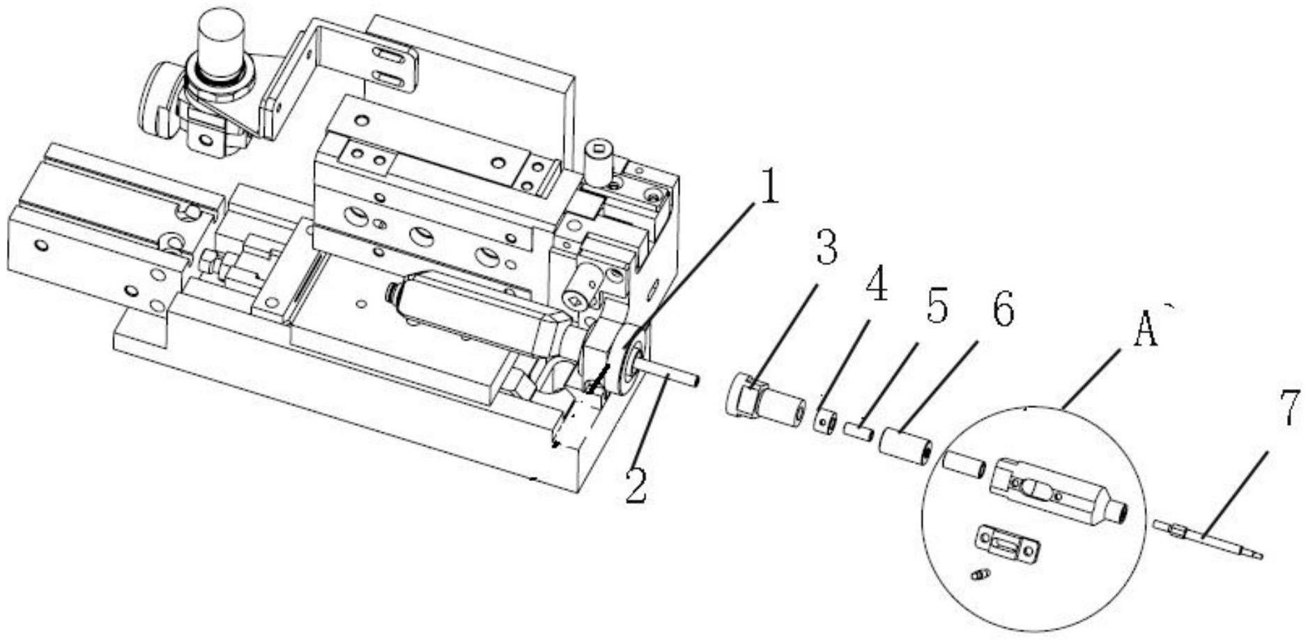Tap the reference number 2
635,487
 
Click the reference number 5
936,306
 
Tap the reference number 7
1288,410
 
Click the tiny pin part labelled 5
859,430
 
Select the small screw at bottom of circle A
979,574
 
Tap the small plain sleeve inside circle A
964,466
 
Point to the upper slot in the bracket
392,54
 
